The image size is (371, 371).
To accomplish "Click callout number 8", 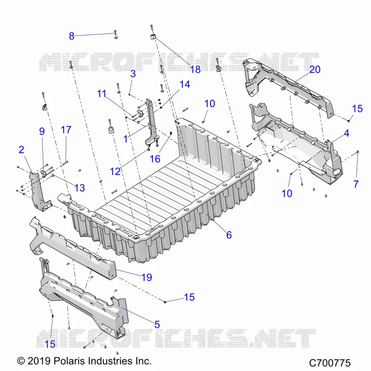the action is tap(71, 36).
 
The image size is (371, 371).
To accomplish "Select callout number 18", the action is tap(195, 69).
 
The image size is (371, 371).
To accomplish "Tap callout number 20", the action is tap(315, 69).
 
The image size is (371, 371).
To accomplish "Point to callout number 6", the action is tap(229, 235).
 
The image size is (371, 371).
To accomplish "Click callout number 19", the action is tap(147, 277).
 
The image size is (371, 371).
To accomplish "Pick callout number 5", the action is tap(157, 324).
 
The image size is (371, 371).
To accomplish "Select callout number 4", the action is tap(346, 133).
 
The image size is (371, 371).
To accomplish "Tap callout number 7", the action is tap(356, 184).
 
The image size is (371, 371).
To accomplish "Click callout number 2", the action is tap(21, 149).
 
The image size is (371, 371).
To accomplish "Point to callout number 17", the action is tap(66, 130).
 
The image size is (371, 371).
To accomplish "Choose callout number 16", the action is tap(155, 159).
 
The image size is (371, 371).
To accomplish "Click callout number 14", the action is tap(185, 84).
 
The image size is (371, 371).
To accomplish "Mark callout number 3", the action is tap(133, 74).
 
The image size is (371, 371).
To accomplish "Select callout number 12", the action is tap(115, 172).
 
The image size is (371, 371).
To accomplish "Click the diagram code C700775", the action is tap(330, 363).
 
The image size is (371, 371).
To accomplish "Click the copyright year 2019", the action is tap(39, 361).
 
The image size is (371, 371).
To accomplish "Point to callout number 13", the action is tap(79, 188).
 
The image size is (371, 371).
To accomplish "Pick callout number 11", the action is tap(102, 94).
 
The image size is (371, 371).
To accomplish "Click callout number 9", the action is tap(42, 131).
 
